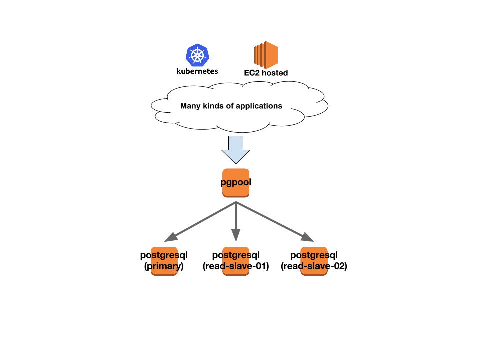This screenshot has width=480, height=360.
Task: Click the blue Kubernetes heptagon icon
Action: [x=197, y=55]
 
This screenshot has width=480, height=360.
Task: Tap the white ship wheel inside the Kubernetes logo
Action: [x=197, y=55]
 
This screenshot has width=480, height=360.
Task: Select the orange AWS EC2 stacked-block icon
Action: [x=266, y=55]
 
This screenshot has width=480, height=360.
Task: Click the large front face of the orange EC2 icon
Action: [x=271, y=55]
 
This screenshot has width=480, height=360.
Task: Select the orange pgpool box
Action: [x=236, y=183]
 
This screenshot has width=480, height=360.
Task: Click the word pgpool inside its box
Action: [x=236, y=182]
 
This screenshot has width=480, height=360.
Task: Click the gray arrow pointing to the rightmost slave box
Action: [x=272, y=220]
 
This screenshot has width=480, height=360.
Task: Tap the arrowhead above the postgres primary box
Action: [x=170, y=238]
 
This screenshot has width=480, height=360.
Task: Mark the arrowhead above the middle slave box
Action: [x=236, y=236]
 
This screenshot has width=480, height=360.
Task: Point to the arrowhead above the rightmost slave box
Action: [x=308, y=238]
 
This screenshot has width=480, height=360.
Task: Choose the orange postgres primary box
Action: [x=164, y=261]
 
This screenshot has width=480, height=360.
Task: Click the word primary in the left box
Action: [x=165, y=266]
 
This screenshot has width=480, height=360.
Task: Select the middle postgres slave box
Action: [x=236, y=261]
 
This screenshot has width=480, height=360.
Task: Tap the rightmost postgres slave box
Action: [x=314, y=261]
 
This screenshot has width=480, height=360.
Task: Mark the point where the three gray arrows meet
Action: [x=236, y=202]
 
